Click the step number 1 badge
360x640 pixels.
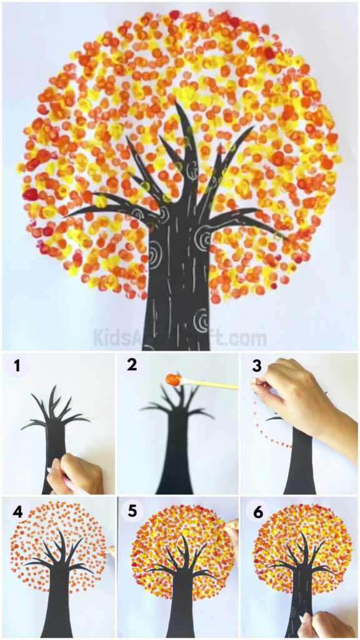coord(16,366)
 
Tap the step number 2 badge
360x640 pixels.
coord(131,365)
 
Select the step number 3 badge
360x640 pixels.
coord(256,365)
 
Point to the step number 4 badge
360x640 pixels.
coord(17,511)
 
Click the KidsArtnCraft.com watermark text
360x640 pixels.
coord(179,338)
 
